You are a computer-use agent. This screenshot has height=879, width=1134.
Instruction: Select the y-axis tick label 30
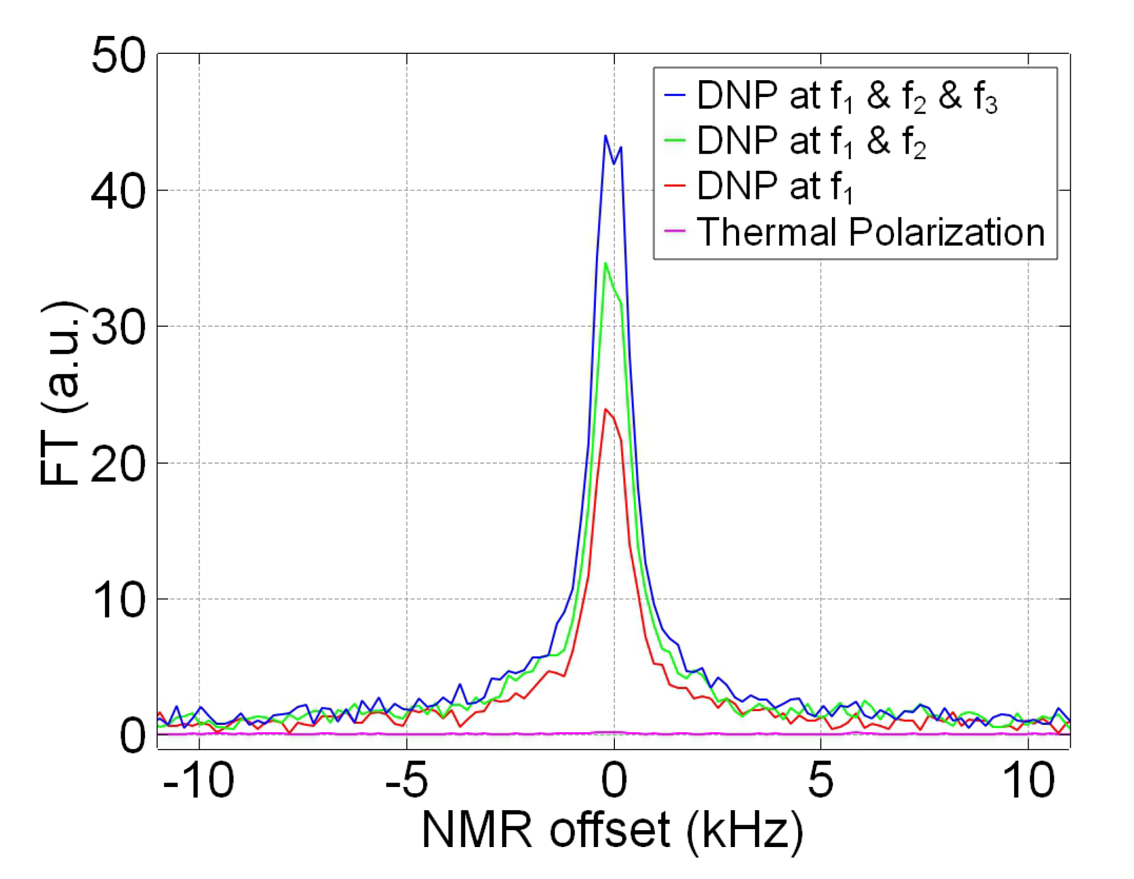[x=118, y=327]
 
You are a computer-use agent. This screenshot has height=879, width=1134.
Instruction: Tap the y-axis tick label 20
[x=118, y=464]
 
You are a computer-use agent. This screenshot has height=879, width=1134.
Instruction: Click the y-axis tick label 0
[x=132, y=735]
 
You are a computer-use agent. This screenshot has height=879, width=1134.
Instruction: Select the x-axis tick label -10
[x=198, y=780]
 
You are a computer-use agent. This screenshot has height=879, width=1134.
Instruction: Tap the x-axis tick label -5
[x=406, y=780]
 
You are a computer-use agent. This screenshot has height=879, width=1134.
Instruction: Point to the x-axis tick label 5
[x=821, y=780]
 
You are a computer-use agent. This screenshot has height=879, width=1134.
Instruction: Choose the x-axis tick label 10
[x=1028, y=780]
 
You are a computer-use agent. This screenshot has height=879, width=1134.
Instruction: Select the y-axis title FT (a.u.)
[x=61, y=392]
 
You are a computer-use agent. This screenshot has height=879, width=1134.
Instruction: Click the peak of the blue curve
[x=605, y=136]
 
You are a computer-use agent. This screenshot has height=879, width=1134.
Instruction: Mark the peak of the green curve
[x=605, y=263]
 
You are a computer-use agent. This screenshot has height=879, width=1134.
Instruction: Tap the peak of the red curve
[x=606, y=409]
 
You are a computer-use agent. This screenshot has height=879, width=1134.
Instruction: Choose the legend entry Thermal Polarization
[x=871, y=232]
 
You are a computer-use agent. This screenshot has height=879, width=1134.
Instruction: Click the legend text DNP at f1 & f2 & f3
[x=846, y=95]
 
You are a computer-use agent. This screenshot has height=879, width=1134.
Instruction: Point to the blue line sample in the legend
[x=675, y=95]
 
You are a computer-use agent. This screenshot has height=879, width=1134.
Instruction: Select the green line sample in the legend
[x=675, y=140]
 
